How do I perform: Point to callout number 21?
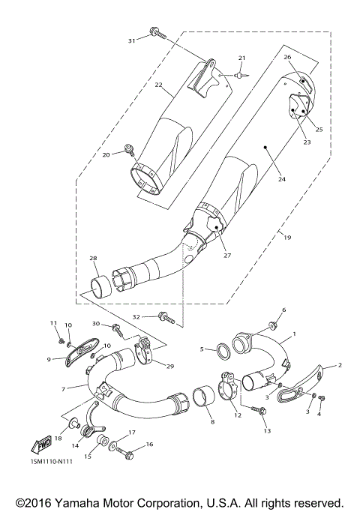(x=241, y=58)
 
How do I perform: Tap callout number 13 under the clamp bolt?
(x=265, y=432)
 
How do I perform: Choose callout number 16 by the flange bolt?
(x=150, y=445)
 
